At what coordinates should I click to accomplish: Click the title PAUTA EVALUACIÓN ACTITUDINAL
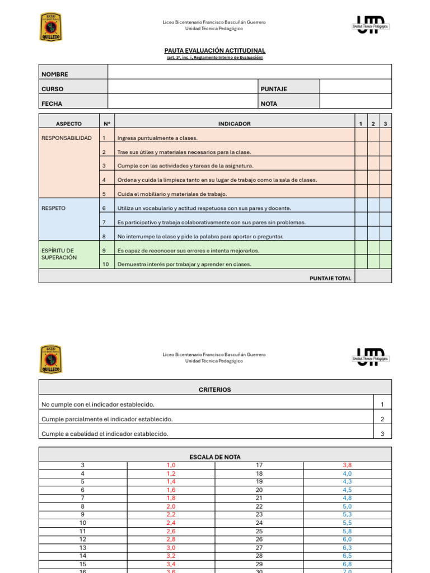click(x=215, y=50)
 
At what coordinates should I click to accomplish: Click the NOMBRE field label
click(x=55, y=74)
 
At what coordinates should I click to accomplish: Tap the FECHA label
click(x=52, y=104)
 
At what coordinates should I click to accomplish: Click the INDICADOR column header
click(x=234, y=124)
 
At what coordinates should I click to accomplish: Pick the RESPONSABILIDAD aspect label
click(x=67, y=138)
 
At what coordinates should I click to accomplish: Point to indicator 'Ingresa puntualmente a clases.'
click(x=157, y=138)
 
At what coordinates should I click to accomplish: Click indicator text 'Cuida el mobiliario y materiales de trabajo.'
click(x=172, y=194)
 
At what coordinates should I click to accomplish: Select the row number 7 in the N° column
click(x=104, y=222)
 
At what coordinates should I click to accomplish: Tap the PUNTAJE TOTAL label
click(x=330, y=278)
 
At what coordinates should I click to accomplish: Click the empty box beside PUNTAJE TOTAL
click(x=373, y=276)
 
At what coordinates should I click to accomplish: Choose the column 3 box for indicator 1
click(x=385, y=138)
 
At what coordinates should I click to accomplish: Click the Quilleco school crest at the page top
click(x=51, y=27)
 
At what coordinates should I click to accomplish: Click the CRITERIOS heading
click(x=215, y=389)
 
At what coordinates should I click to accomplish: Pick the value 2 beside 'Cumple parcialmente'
click(x=382, y=419)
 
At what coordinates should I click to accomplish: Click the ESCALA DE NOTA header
click(x=215, y=457)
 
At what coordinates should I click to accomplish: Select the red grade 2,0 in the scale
click(x=171, y=506)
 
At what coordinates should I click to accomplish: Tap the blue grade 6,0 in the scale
click(x=347, y=539)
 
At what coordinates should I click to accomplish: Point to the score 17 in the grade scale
click(x=259, y=465)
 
